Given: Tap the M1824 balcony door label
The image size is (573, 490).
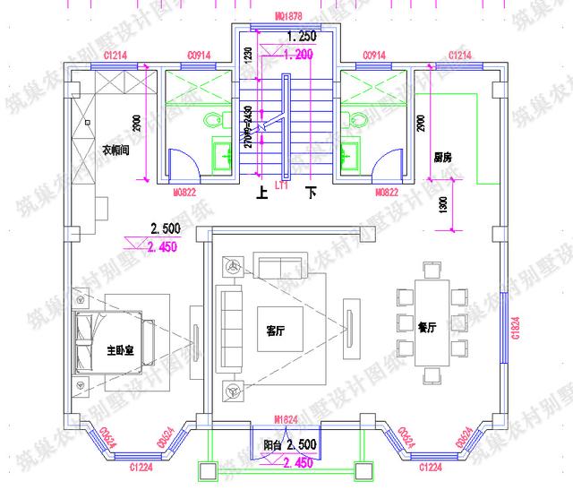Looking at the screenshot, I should pyautogui.click(x=286, y=419).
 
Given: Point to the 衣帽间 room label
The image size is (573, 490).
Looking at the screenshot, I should pyautogui.click(x=115, y=150).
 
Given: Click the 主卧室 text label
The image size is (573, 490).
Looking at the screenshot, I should pyautogui.click(x=120, y=350).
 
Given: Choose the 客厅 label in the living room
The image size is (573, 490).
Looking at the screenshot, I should pyautogui.click(x=275, y=331).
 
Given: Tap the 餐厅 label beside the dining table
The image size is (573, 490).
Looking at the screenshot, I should pyautogui.click(x=427, y=328).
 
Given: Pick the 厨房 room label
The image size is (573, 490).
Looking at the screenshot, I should pyautogui.click(x=442, y=157).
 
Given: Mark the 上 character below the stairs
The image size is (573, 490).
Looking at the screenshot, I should pyautogui.click(x=261, y=192).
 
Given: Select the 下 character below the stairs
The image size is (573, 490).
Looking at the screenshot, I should pyautogui.click(x=312, y=192).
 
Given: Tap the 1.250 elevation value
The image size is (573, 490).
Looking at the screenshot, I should pyautogui.click(x=302, y=37).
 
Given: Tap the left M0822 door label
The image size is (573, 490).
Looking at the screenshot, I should pyautogui.click(x=184, y=191).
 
